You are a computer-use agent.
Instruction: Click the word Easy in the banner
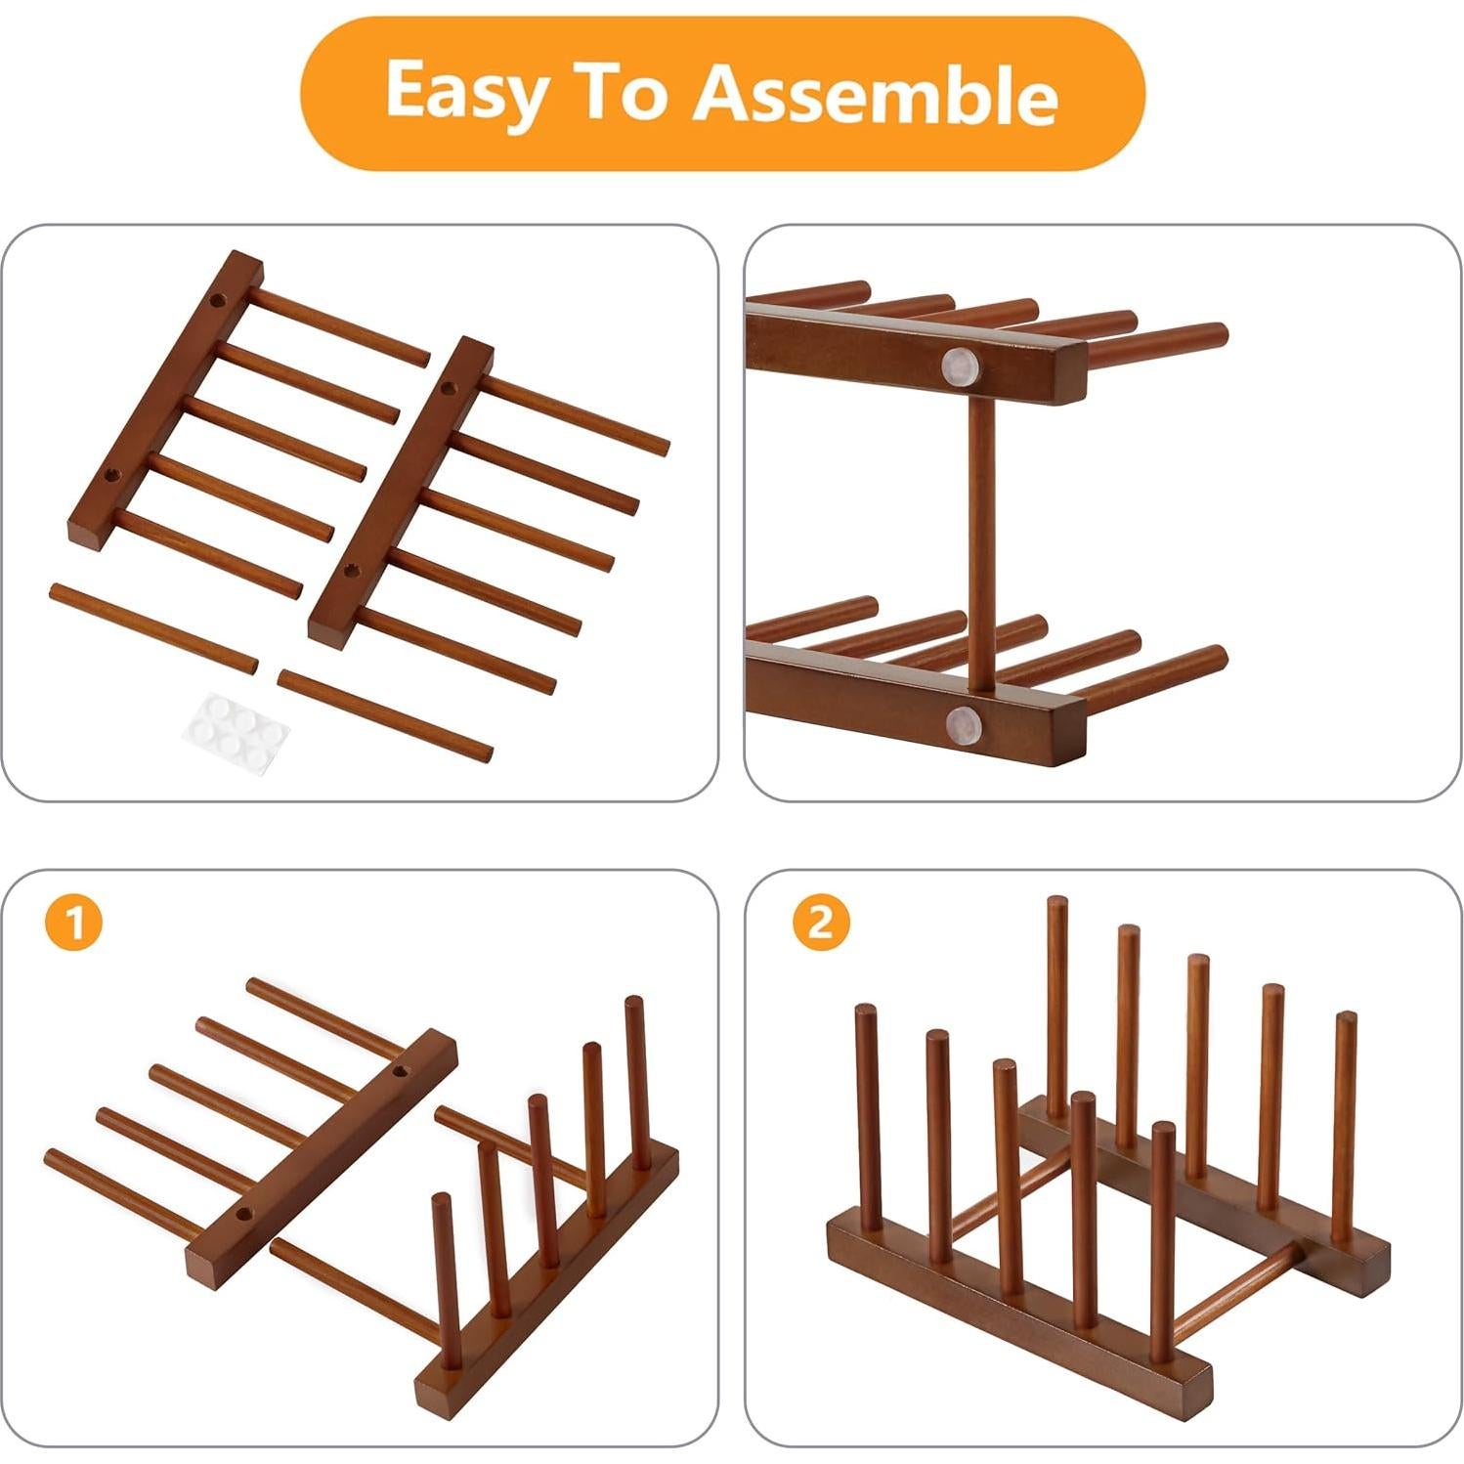(x=465, y=91)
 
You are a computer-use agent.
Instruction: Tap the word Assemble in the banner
(x=876, y=95)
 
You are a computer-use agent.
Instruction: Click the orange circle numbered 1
(x=73, y=922)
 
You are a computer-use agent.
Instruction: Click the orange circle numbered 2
(x=821, y=922)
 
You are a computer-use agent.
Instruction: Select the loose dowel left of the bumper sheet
(x=153, y=628)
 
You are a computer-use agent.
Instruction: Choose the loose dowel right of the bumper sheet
(x=384, y=715)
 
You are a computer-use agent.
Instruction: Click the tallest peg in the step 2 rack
(x=1056, y=1007)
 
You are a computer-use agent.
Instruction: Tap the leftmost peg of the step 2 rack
(x=868, y=1118)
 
